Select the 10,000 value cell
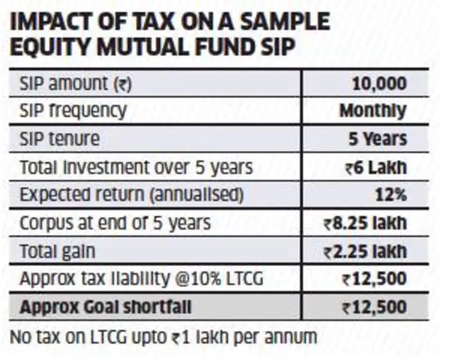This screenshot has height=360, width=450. pos(379,83)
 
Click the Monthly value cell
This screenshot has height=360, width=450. pos(373,111)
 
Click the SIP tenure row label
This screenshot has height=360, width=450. pos(60,138)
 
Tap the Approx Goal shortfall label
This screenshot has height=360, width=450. pos(105,307)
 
